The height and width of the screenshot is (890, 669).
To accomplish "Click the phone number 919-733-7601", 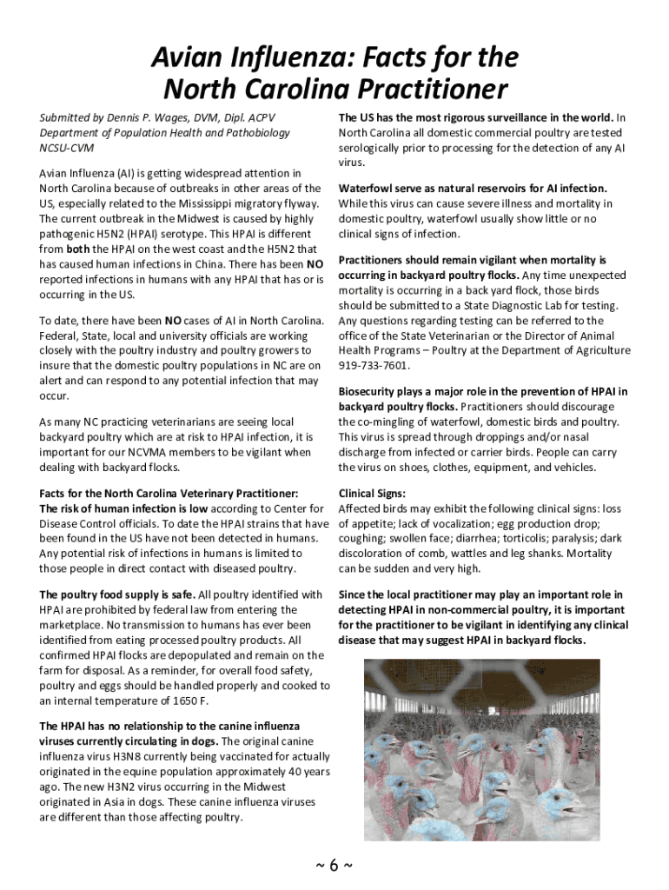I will tap(374, 366).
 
